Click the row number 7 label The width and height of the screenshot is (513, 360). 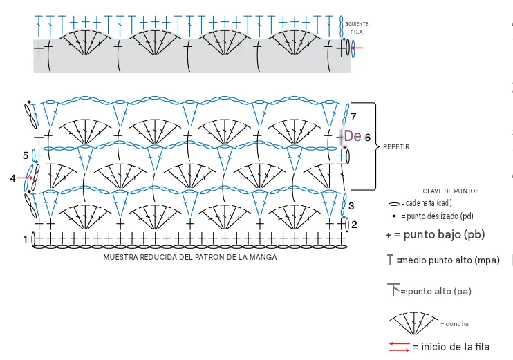pyautogui.click(x=353, y=116)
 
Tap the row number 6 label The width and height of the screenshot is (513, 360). pyautogui.click(x=368, y=138)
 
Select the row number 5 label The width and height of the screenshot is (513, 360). pyautogui.click(x=26, y=155)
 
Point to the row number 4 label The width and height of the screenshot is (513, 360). pyautogui.click(x=12, y=178)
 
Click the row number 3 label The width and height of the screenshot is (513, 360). pyautogui.click(x=351, y=206)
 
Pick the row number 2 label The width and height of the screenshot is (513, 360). pyautogui.click(x=354, y=225)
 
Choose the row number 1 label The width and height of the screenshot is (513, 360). pyautogui.click(x=26, y=239)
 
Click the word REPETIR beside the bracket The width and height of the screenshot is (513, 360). pyautogui.click(x=396, y=146)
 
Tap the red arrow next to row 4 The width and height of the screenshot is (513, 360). pyautogui.click(x=25, y=178)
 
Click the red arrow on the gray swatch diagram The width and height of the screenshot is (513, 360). pyautogui.click(x=357, y=48)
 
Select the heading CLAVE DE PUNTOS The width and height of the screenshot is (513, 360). pyautogui.click(x=451, y=191)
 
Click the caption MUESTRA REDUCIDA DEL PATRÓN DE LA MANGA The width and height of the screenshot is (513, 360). pyautogui.click(x=190, y=257)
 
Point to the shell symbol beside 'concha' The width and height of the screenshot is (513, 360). pyautogui.click(x=414, y=323)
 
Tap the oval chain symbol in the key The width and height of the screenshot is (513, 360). pyautogui.click(x=394, y=205)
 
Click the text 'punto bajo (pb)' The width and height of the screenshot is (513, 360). pyautogui.click(x=444, y=234)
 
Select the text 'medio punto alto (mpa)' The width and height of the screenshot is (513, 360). pyautogui.click(x=450, y=260)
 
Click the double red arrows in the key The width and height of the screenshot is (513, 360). pyautogui.click(x=399, y=347)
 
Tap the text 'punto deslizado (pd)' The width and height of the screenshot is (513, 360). pyautogui.click(x=440, y=216)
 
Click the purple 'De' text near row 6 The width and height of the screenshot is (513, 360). pyautogui.click(x=353, y=135)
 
